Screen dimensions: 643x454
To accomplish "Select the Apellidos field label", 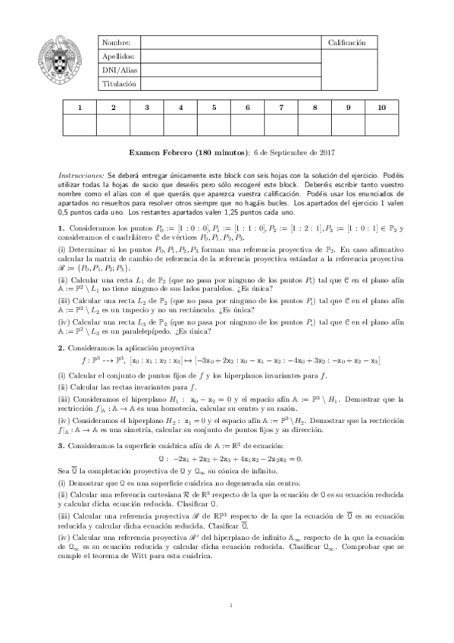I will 118,56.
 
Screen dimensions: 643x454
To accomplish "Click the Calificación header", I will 346,43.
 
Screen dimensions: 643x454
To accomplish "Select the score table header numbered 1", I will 80,108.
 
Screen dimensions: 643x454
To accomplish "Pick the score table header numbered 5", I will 214,108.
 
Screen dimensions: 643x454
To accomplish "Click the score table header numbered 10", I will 381,108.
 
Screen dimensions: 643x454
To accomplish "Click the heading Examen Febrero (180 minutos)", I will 188,152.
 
